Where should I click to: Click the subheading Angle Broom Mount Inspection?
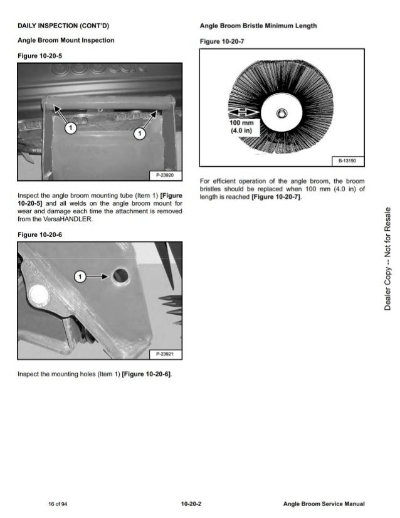(x=66, y=40)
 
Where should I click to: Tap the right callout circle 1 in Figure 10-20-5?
(x=139, y=132)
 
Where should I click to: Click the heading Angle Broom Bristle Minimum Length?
(x=258, y=26)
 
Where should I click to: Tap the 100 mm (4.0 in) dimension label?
(x=242, y=127)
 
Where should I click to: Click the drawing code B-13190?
(x=347, y=161)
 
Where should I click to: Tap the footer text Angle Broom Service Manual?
(x=324, y=504)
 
